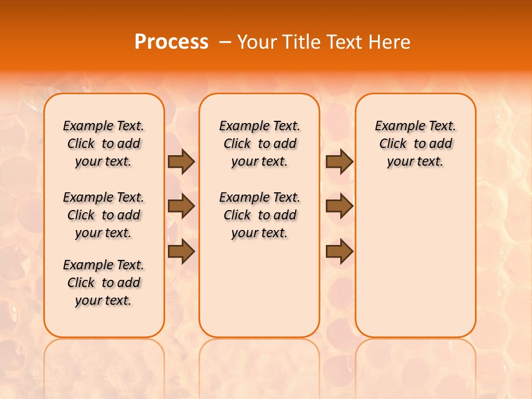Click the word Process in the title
pyautogui.click(x=171, y=42)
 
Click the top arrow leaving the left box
pyautogui.click(x=181, y=162)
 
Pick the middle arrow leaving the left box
pyautogui.click(x=181, y=206)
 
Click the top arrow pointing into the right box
pyautogui.click(x=339, y=162)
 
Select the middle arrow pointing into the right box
pyautogui.click(x=339, y=206)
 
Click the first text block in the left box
pyautogui.click(x=104, y=144)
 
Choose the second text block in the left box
pyautogui.click(x=104, y=215)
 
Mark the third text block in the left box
pyautogui.click(x=104, y=283)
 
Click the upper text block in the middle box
pyautogui.click(x=259, y=144)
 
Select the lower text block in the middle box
pyautogui.click(x=259, y=215)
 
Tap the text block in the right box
pyautogui.click(x=415, y=144)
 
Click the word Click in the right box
pyautogui.click(x=393, y=144)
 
